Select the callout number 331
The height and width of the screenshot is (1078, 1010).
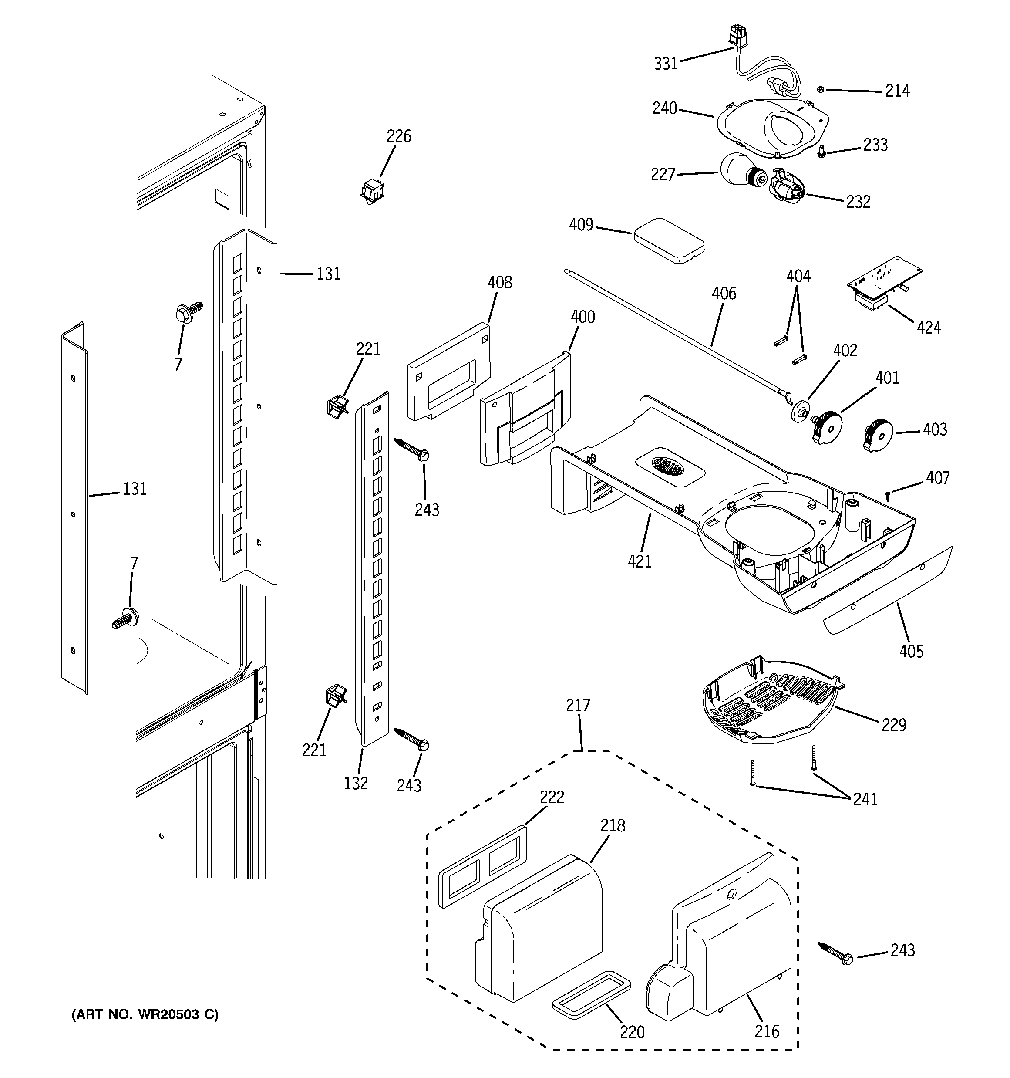(x=666, y=64)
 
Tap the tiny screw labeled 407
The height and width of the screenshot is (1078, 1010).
(x=888, y=494)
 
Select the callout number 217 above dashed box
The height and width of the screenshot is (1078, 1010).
(x=577, y=706)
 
